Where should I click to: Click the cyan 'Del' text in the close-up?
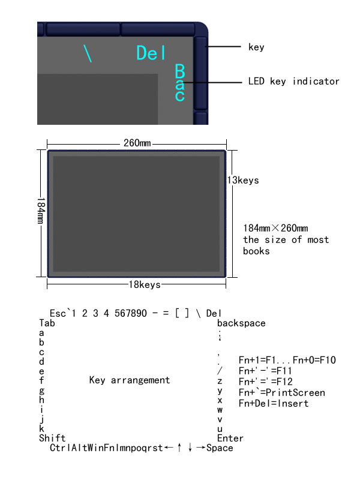click(151, 53)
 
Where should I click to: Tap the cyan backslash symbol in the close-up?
click(89, 53)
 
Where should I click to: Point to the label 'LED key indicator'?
click(293, 81)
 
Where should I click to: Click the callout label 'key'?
click(256, 47)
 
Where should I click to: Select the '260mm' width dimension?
click(137, 143)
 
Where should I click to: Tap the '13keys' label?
click(242, 180)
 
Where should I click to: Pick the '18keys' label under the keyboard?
click(145, 284)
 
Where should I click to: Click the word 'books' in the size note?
click(256, 251)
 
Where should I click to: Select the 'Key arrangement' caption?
click(129, 380)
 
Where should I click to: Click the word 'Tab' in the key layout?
click(47, 323)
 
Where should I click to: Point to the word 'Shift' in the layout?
click(52, 439)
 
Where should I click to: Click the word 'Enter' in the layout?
click(230, 439)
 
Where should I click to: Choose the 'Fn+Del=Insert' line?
click(274, 403)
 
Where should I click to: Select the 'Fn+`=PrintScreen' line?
click(281, 392)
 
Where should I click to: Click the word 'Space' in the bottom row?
click(220, 448)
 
